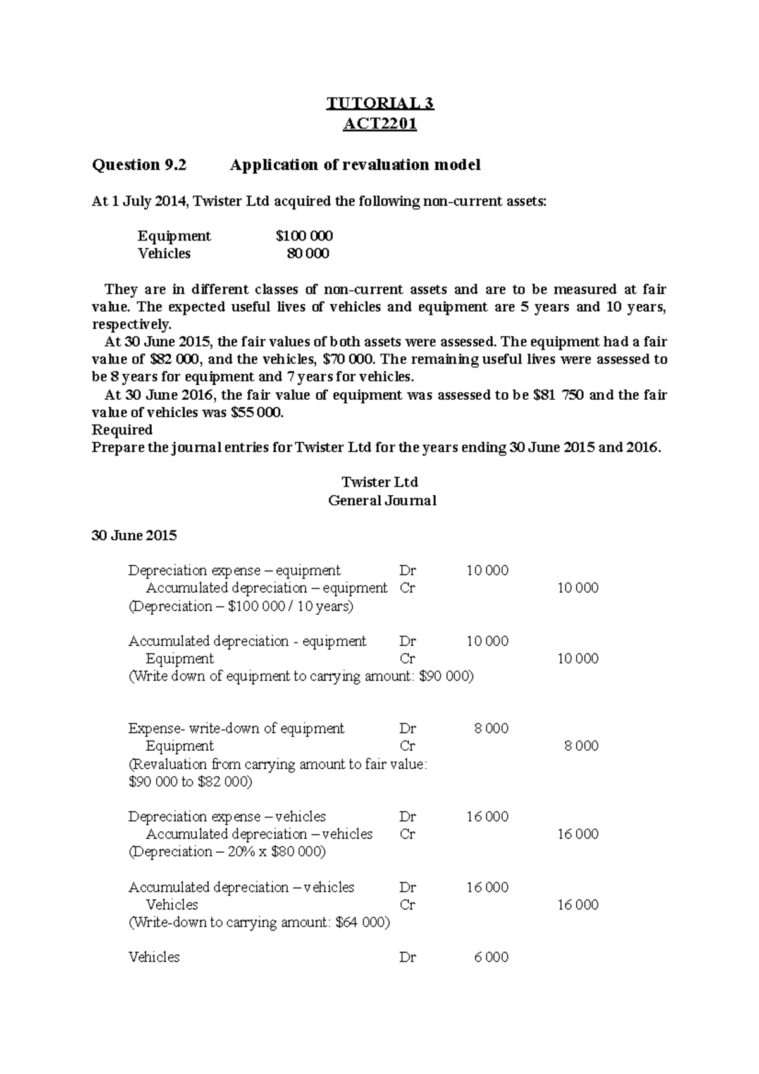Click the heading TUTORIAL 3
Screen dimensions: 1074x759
click(379, 103)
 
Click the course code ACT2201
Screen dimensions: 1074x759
click(379, 124)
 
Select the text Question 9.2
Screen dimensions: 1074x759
click(140, 165)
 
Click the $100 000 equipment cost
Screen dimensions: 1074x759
click(304, 236)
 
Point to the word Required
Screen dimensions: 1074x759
click(122, 430)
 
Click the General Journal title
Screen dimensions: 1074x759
click(382, 501)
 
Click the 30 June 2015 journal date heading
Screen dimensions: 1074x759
click(134, 536)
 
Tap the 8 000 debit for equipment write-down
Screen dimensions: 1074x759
click(491, 728)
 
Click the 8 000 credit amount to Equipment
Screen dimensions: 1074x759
click(581, 746)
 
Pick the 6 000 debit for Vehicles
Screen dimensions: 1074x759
click(491, 957)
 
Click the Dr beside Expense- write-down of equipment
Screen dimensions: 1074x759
click(407, 728)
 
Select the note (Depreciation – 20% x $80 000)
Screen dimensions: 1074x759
click(227, 851)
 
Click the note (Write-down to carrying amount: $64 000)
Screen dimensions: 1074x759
click(259, 922)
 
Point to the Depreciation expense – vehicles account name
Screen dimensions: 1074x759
click(226, 817)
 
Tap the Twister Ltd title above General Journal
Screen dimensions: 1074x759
click(379, 483)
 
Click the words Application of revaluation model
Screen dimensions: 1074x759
click(355, 165)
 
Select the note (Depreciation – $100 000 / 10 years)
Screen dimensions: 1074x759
click(240, 606)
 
